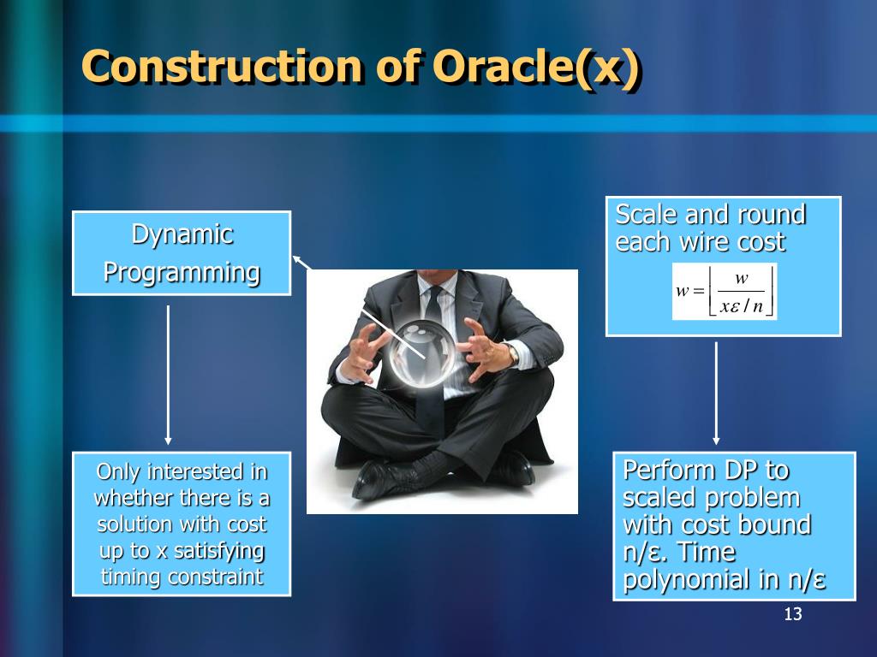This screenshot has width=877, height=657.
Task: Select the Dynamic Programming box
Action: [182, 253]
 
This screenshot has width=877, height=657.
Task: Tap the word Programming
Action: [182, 273]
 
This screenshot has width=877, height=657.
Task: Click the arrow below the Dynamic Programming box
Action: [168, 375]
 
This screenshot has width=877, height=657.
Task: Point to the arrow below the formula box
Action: [716, 394]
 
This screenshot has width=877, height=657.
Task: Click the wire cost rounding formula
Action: [725, 291]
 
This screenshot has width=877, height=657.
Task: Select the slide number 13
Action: [793, 614]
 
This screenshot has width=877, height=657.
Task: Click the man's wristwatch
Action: [512, 354]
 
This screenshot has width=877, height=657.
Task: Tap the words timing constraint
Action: [182, 577]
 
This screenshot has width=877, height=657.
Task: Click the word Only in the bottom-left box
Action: [118, 472]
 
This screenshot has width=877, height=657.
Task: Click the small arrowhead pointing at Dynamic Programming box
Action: [297, 260]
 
